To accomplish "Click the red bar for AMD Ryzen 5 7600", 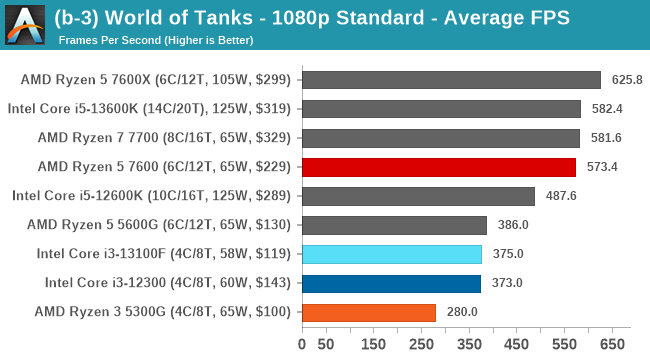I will coord(438,167).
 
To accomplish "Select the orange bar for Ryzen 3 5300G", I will coord(368,312).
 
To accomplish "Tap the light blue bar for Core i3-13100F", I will coord(391,254).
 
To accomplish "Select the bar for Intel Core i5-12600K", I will coord(418,196).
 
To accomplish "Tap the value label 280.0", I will coord(460,312).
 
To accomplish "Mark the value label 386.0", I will coord(511,225).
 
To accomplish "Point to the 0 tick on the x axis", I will coord(302,345).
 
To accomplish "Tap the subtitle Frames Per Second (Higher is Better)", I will coord(156,40).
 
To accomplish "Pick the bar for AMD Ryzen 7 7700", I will coord(440,138).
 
